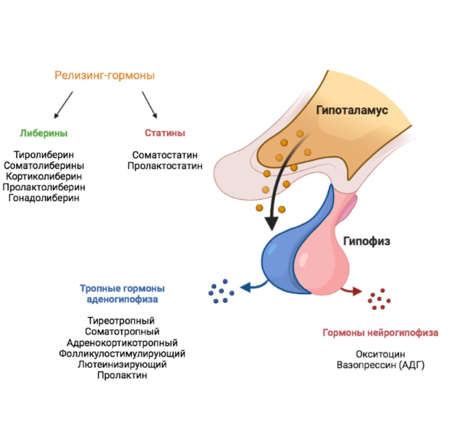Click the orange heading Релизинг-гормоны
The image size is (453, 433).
point(105,75)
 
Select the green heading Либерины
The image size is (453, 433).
point(44,133)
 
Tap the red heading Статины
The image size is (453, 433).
point(165,133)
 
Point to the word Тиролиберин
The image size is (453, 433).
point(44,155)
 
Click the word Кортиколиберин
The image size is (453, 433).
point(44,176)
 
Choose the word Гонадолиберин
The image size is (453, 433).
point(44,198)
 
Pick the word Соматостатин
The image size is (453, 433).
point(165,155)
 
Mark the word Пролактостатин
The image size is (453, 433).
point(165,166)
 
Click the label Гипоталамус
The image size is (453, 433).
point(352,110)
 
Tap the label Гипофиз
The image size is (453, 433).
point(367,241)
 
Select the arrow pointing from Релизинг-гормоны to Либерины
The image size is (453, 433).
point(63,105)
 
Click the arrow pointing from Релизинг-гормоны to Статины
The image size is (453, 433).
point(149,105)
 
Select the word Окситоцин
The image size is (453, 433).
point(381,354)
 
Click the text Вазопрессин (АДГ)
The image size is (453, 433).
point(381,365)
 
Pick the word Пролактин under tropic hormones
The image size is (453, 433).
point(122,375)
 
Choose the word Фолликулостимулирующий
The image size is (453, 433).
point(122,354)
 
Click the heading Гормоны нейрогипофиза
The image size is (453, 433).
point(381,333)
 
